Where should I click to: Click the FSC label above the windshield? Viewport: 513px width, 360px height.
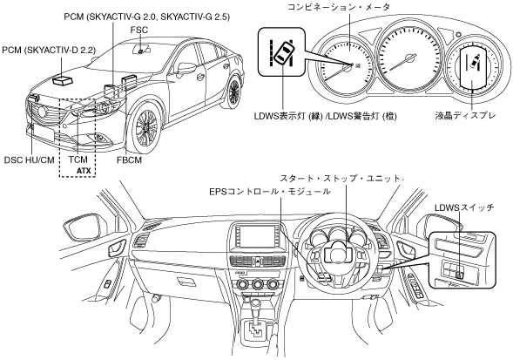tap(139, 30)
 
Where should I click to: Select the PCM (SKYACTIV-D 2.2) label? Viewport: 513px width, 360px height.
tap(49, 50)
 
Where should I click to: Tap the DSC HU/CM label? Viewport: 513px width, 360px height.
tap(29, 160)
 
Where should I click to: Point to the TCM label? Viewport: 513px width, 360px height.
tap(78, 160)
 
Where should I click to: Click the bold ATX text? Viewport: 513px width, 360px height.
tap(84, 171)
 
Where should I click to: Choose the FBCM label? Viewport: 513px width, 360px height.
tap(129, 160)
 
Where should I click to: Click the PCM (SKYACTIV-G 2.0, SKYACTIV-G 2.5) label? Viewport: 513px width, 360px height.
tap(146, 17)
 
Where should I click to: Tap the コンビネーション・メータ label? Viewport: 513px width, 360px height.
tap(338, 7)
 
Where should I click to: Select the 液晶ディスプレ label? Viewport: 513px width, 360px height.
tap(465, 115)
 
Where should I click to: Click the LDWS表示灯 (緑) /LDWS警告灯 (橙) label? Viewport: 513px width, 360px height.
tap(325, 116)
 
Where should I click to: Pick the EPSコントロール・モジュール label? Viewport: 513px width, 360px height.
tap(270, 191)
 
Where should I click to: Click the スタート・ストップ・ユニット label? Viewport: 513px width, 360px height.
tap(341, 179)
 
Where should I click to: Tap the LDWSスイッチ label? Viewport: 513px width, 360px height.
tap(464, 207)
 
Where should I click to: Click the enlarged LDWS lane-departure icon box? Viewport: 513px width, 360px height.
tap(281, 51)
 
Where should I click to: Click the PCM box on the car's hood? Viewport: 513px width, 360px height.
tap(62, 79)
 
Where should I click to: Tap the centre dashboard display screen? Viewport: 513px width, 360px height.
tap(256, 237)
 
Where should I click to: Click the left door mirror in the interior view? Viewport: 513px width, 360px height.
tap(84, 229)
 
